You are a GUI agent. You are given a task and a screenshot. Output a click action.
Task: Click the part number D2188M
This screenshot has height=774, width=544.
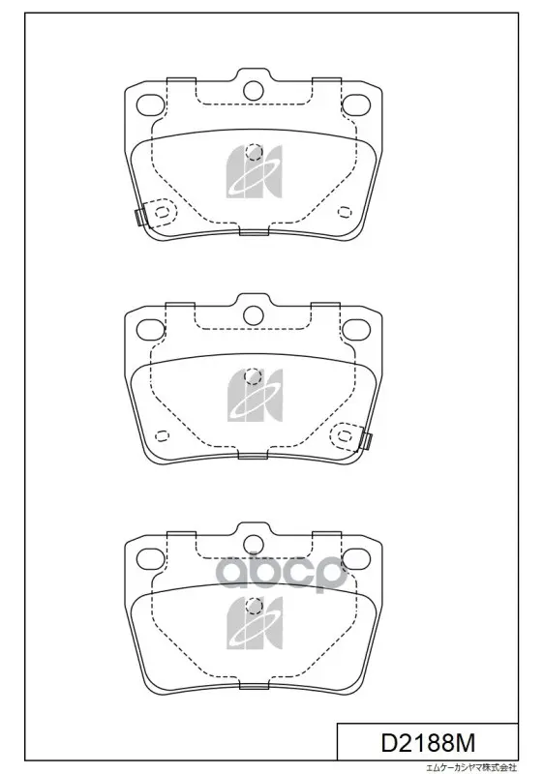pyautogui.click(x=428, y=742)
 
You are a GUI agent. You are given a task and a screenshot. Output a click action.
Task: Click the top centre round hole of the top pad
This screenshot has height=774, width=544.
pyautogui.click(x=254, y=89)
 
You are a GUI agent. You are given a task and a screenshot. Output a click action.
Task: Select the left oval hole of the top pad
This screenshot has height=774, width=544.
pyautogui.click(x=150, y=104)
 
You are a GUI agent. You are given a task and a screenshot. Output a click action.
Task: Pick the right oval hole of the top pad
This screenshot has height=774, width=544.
pyautogui.click(x=356, y=104)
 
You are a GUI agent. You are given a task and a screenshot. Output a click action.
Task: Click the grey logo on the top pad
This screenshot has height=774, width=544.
pyautogui.click(x=254, y=171)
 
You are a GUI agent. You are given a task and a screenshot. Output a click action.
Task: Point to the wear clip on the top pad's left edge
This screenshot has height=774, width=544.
pyautogui.click(x=139, y=216)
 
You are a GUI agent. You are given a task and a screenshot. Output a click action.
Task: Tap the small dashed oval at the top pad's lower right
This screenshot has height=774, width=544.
pyautogui.click(x=345, y=211)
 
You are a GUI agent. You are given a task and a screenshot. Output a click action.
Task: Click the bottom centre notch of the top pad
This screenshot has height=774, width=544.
pyautogui.click(x=254, y=231)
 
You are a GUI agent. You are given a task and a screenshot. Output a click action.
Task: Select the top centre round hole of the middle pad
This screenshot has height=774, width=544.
pyautogui.click(x=254, y=315)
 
